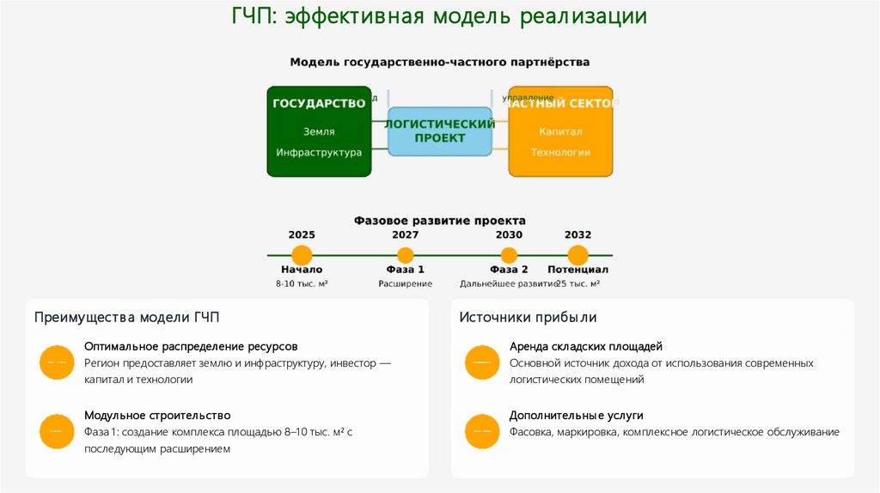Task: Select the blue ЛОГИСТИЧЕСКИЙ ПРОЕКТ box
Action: tap(439, 131)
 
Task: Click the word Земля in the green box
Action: tap(319, 131)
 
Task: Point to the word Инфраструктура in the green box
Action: tap(319, 152)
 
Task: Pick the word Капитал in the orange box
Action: tap(560, 131)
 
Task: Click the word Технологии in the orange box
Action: tap(560, 152)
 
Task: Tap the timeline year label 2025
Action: tap(302, 234)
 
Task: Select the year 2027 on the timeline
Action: tap(406, 234)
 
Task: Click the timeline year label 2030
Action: tap(509, 234)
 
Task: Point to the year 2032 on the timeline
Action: tap(577, 234)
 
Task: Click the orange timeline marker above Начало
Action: tap(302, 255)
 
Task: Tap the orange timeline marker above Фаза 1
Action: tap(406, 255)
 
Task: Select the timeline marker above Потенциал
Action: tap(577, 255)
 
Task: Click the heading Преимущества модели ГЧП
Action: tap(127, 318)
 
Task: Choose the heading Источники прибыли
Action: tap(528, 318)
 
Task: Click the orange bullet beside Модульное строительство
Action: tap(56, 430)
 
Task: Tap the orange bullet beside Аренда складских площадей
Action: tap(481, 362)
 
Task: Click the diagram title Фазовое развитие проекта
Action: tap(439, 221)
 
